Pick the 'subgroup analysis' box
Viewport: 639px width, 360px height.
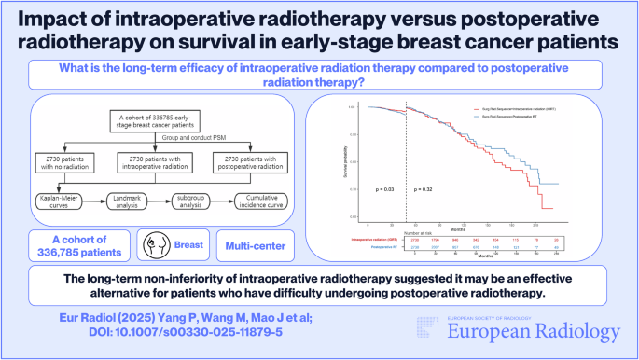point(195,201)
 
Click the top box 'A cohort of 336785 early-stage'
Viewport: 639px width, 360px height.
point(161,122)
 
